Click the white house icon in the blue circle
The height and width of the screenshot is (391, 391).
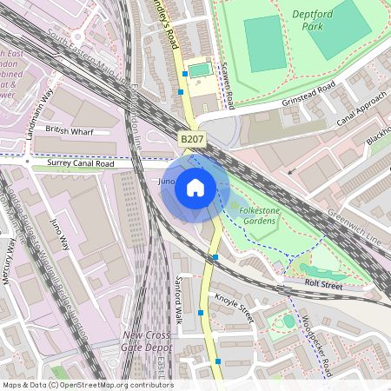pyautogui.click(x=195, y=187)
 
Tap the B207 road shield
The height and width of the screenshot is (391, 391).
pyautogui.click(x=192, y=139)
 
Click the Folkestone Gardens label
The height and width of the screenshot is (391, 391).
pyautogui.click(x=253, y=215)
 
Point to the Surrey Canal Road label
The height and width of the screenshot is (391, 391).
pyautogui.click(x=81, y=162)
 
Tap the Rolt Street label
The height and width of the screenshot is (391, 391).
pyautogui.click(x=323, y=284)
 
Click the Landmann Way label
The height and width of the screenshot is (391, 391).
pyautogui.click(x=43, y=103)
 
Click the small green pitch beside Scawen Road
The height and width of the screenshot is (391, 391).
pyautogui.click(x=199, y=69)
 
